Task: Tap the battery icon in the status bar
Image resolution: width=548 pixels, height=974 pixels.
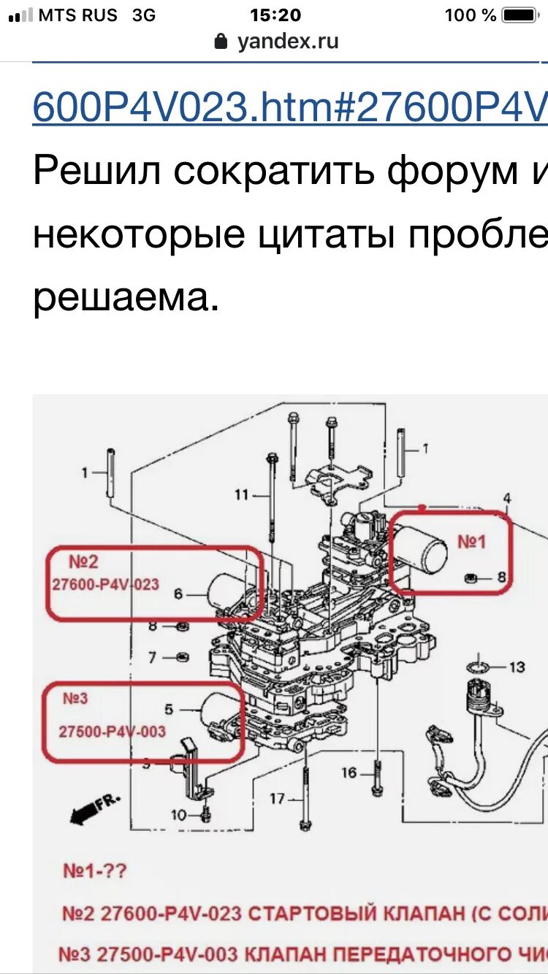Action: click(520, 15)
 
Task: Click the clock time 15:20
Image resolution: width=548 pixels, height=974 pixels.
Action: click(275, 15)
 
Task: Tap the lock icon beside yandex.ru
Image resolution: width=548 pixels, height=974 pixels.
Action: click(221, 42)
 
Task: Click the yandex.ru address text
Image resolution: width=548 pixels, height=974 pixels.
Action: click(288, 42)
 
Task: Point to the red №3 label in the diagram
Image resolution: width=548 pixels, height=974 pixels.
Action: click(75, 699)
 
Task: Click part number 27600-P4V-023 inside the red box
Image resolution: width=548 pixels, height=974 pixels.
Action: click(105, 584)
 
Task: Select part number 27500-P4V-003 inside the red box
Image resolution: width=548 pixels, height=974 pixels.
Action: click(112, 731)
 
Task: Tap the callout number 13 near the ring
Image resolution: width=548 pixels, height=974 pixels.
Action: click(517, 667)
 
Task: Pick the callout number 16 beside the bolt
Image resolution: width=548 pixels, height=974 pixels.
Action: click(349, 772)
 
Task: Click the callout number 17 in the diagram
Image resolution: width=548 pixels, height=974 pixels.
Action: click(277, 799)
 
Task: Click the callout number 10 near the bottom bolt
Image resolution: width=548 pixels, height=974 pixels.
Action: click(179, 816)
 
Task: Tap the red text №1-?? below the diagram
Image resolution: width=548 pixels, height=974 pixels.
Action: click(95, 871)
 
